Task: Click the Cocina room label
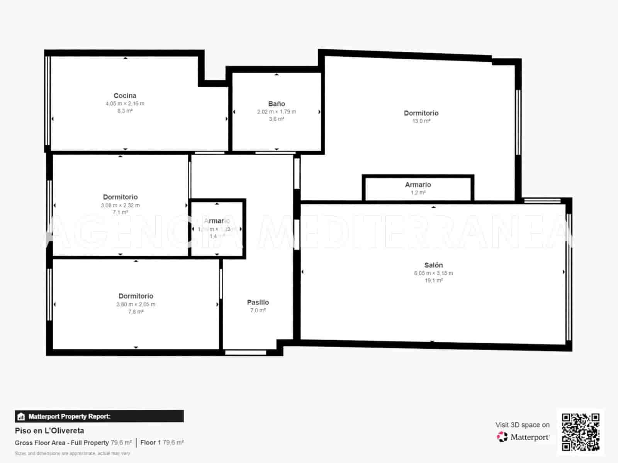(125, 96)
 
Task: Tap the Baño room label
(277, 104)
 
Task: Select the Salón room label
(433, 265)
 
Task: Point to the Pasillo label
(258, 302)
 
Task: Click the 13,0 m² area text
(421, 121)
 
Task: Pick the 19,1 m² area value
(433, 281)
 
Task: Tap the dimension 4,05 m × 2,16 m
(125, 103)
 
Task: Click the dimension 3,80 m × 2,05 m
(136, 304)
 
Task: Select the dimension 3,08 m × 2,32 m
(120, 205)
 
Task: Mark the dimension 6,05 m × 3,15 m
(433, 273)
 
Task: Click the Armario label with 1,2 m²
(418, 185)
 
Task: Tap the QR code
(581, 432)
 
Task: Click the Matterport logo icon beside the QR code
(502, 437)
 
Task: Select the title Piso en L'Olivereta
(49, 431)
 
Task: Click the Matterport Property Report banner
(99, 416)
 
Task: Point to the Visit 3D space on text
(522, 425)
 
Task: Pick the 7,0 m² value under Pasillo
(258, 310)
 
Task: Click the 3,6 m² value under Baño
(277, 119)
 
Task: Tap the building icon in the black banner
(21, 417)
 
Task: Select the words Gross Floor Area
(40, 443)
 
